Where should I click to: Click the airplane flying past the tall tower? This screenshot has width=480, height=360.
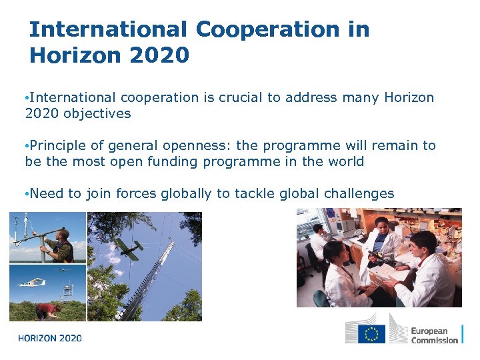[128, 247]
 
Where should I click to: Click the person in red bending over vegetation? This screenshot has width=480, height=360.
[47, 310]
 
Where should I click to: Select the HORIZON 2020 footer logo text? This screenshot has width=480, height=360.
[50, 338]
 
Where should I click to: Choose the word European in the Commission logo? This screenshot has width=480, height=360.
[429, 331]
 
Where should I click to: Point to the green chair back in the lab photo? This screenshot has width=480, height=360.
[319, 299]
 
